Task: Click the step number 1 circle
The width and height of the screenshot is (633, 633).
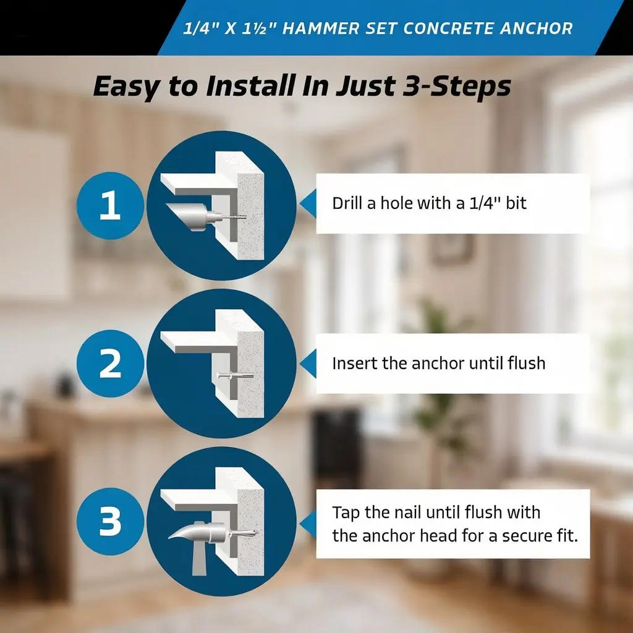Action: [x=110, y=205]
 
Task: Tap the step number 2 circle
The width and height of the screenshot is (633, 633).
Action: [x=110, y=363]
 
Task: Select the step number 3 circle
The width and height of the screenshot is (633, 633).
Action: [x=110, y=521]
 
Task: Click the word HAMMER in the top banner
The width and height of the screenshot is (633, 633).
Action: [x=321, y=28]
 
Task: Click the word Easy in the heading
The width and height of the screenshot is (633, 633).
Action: [x=127, y=87]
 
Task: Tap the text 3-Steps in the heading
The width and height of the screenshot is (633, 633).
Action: [x=457, y=87]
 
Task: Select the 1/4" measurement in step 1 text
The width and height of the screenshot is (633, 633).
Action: [x=485, y=203]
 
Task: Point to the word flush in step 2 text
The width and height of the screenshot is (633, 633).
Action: [x=526, y=363]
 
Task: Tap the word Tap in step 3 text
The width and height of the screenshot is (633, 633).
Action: [x=346, y=512]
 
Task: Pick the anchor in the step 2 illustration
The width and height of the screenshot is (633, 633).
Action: [x=236, y=376]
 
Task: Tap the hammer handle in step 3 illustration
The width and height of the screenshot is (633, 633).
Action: [x=200, y=559]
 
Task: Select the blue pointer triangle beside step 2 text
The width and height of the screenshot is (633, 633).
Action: [x=308, y=363]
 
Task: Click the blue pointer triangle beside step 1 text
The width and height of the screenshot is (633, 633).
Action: [x=308, y=203]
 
